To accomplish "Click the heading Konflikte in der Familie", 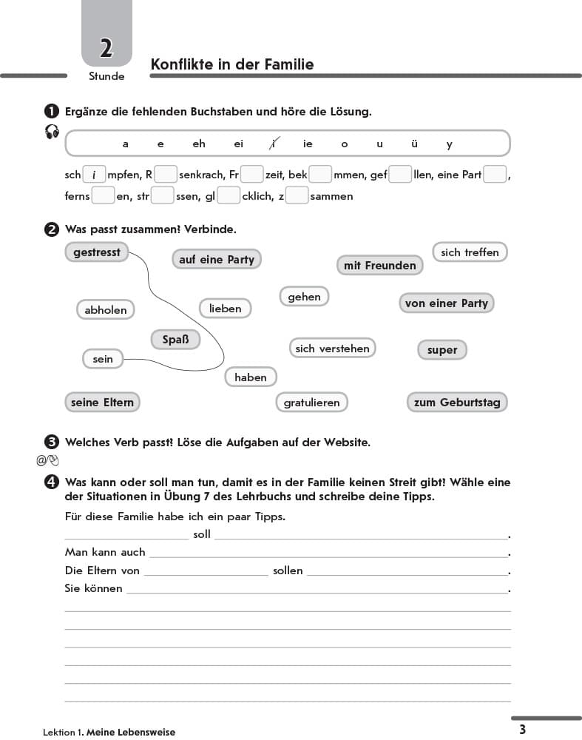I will coord(231,64).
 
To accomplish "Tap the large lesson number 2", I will coord(106,49).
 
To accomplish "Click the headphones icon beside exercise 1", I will coord(52,132).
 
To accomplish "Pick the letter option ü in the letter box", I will coord(414,144).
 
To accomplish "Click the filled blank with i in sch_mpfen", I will coord(94,175).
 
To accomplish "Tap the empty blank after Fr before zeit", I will coord(252,175).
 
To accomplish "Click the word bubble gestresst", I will coord(97,252).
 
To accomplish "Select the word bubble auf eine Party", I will coord(217,259).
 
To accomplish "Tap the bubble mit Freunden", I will coord(380,265).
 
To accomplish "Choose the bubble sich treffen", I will coord(470,252).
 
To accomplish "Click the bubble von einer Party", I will coord(447,303).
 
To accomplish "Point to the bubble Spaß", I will coord(175,340).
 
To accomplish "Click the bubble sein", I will coord(103,359).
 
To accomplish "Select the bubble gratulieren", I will coord(311,403).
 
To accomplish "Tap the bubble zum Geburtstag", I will coord(457,403).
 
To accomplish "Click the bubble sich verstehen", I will coord(332,348).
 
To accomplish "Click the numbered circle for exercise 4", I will coord(52,482).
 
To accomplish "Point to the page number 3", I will coord(522,729).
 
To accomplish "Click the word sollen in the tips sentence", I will coord(288,571).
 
